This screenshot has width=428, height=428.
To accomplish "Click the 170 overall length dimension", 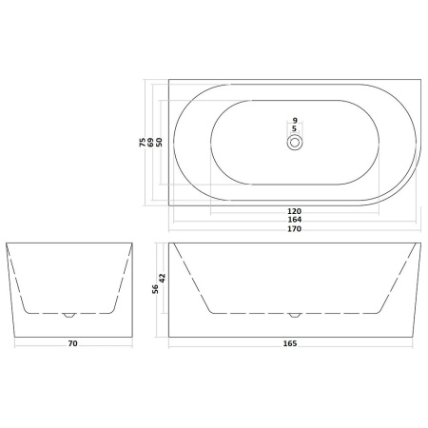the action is (x=294, y=229).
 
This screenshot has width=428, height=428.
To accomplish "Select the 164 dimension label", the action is (x=294, y=220).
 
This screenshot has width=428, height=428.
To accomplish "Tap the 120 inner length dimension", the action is (x=294, y=211).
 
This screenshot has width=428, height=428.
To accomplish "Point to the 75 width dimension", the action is (x=143, y=142).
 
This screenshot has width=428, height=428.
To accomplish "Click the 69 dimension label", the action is (x=151, y=142).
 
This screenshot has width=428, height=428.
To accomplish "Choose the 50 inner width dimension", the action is (x=159, y=142).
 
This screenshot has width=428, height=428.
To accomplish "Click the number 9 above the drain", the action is (x=295, y=121).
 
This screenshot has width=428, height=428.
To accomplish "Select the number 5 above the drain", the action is (x=295, y=128).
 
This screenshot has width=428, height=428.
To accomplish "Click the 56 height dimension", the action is (x=155, y=289).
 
